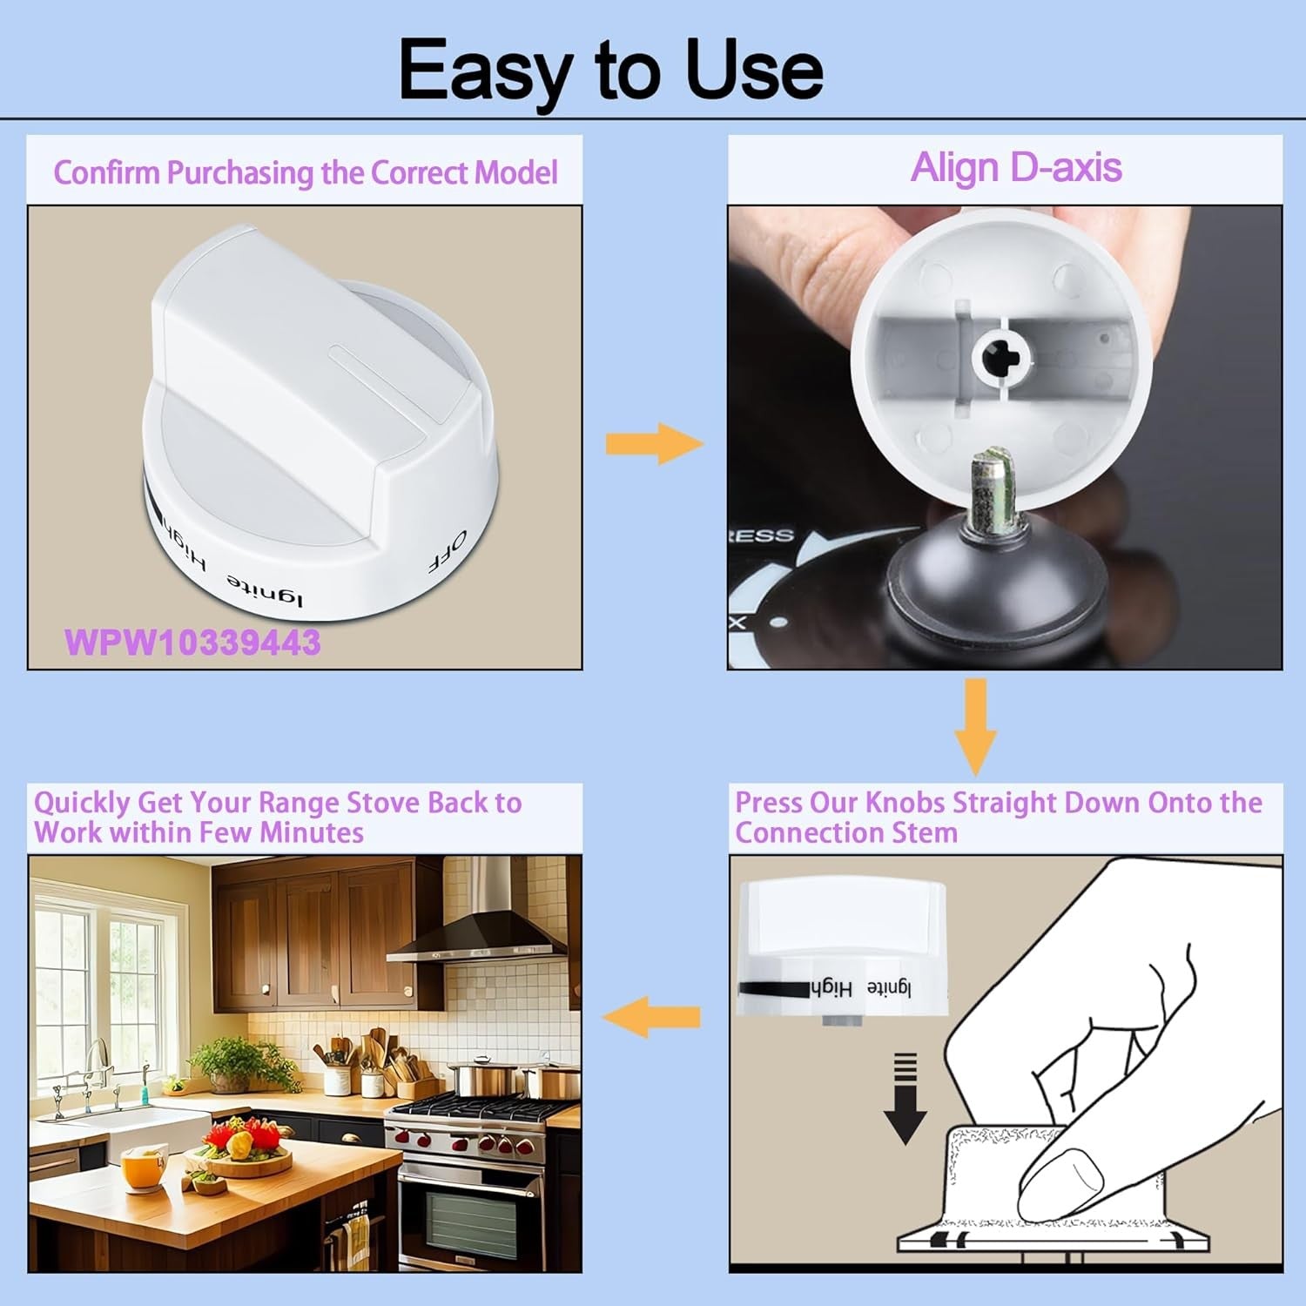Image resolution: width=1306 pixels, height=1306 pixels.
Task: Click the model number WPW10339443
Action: click(192, 643)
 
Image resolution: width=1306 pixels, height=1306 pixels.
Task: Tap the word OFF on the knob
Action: click(448, 551)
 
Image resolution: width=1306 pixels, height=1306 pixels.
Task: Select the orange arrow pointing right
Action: click(654, 443)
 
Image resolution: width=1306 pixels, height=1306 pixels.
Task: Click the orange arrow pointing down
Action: click(975, 727)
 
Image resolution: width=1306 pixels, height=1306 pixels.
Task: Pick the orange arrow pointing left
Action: click(651, 1016)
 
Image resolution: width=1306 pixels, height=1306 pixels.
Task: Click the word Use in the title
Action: click(754, 70)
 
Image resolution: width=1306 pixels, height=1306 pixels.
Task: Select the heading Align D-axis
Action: click(1015, 167)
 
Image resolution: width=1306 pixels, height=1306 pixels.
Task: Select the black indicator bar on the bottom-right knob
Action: click(773, 990)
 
